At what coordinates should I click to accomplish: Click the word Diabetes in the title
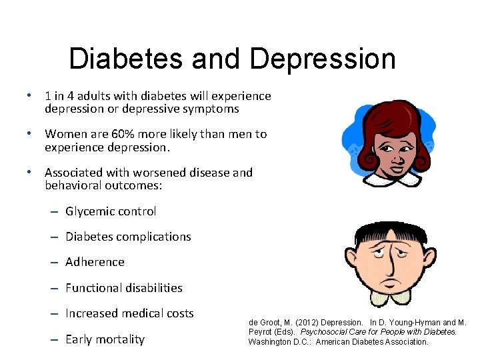(x=125, y=59)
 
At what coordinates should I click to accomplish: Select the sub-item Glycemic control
(x=111, y=211)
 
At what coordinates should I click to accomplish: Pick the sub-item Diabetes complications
(x=128, y=237)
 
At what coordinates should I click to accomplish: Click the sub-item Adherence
(x=95, y=262)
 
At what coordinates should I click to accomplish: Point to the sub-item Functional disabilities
(x=123, y=288)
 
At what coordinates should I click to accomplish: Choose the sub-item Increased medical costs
(x=129, y=313)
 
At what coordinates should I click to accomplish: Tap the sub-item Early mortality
(x=105, y=339)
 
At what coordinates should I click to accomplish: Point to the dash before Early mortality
(x=53, y=340)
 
